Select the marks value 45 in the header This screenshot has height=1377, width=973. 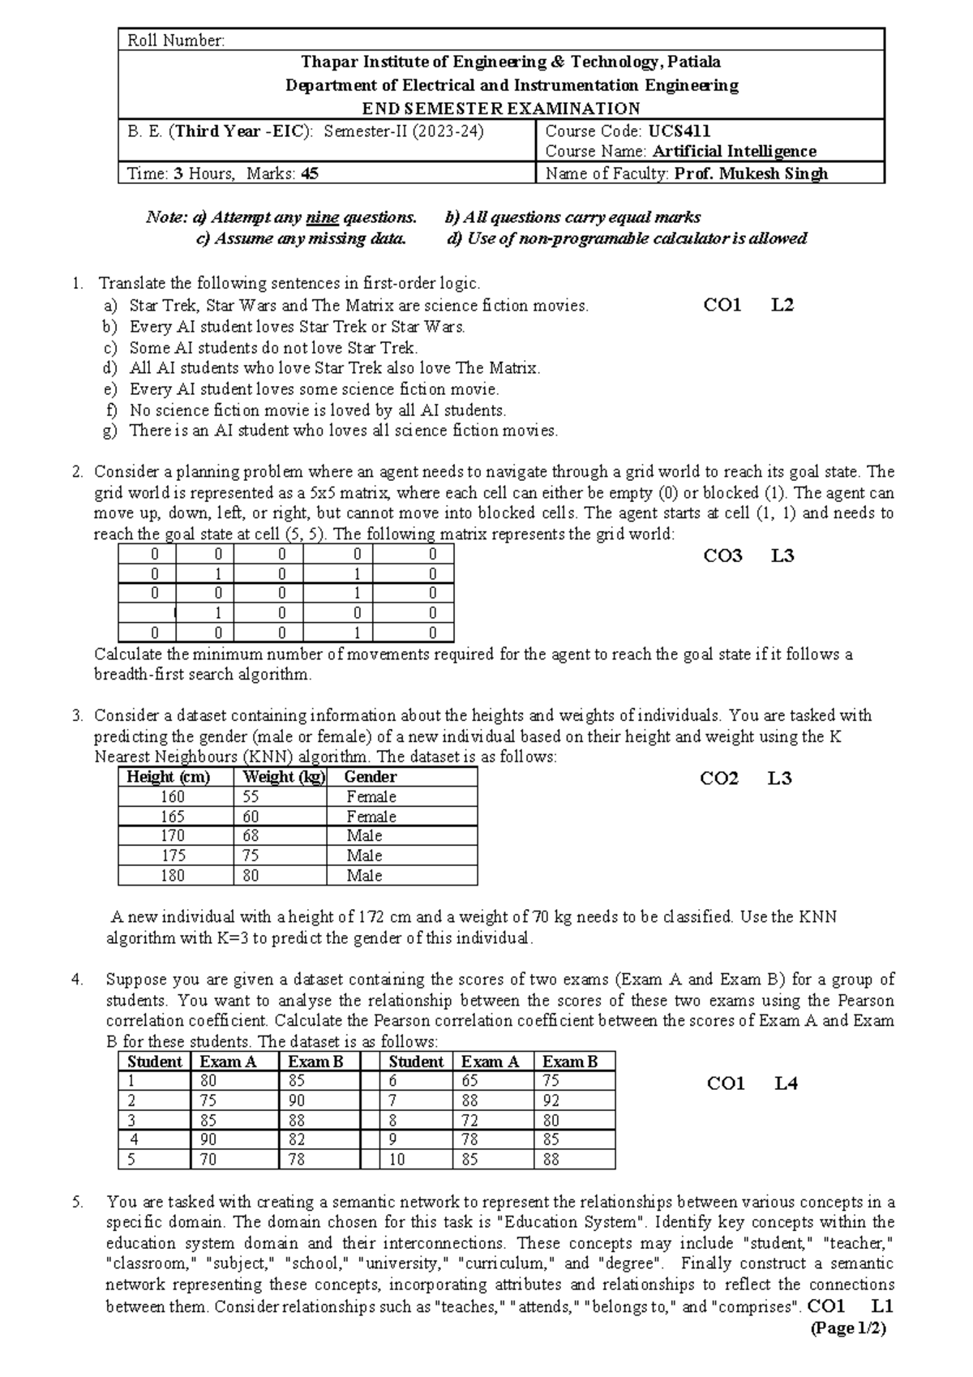click(310, 174)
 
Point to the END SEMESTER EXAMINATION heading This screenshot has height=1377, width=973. click(501, 109)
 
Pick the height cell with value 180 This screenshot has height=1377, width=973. click(173, 876)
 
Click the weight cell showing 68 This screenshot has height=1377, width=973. click(251, 836)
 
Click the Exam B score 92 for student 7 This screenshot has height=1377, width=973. click(551, 1101)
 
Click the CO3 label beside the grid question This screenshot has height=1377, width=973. click(722, 556)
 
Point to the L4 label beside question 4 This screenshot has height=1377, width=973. click(786, 1083)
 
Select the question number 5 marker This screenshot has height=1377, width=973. click(77, 1203)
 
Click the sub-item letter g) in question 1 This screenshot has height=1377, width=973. click(110, 431)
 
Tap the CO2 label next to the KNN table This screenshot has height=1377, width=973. click(719, 779)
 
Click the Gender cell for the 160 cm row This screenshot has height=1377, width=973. click(371, 797)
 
